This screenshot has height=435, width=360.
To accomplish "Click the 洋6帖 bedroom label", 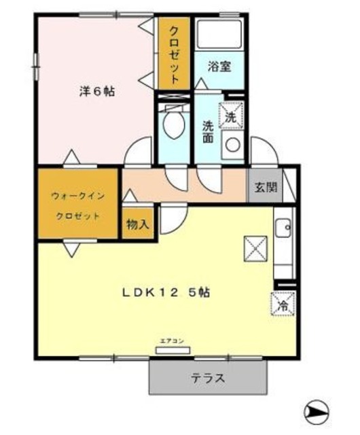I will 95,92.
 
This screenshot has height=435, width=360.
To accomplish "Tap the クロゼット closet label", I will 175,54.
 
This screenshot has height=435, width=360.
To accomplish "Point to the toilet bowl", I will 173,126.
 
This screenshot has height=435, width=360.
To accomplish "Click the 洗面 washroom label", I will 209,130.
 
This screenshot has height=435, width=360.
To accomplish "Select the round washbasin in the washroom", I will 232,145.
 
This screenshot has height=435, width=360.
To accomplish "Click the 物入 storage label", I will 138,224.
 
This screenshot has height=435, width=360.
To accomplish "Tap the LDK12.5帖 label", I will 165,293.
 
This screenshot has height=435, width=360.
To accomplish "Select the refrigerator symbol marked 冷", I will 282,304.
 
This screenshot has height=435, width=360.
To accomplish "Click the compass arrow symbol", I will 317,412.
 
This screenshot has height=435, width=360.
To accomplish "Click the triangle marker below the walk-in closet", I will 71,249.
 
